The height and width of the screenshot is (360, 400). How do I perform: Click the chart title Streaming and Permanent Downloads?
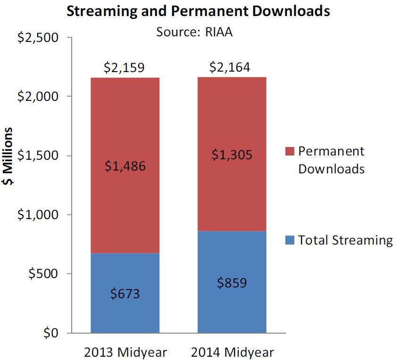click(x=198, y=11)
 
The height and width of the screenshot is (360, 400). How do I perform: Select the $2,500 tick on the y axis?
click(x=38, y=38)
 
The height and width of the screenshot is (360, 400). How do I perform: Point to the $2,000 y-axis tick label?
click(x=38, y=97)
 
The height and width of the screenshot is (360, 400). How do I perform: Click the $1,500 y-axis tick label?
click(x=38, y=156)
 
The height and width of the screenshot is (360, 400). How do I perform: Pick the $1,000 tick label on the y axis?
click(x=38, y=215)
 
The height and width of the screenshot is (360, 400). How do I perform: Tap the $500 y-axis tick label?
click(x=43, y=274)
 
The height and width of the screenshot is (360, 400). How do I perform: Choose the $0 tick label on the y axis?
click(x=51, y=333)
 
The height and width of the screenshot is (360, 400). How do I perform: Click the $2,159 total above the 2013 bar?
click(x=124, y=68)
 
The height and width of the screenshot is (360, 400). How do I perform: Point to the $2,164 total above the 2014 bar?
click(x=231, y=67)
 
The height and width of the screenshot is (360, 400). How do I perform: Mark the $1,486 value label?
click(x=125, y=166)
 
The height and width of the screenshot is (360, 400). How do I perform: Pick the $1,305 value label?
click(x=232, y=154)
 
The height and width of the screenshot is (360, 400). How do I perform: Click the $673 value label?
click(x=125, y=294)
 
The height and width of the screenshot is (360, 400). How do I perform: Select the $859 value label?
click(x=232, y=283)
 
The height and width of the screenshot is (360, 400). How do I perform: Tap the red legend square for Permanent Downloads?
click(x=290, y=151)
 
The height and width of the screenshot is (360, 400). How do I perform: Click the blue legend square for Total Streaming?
click(x=290, y=240)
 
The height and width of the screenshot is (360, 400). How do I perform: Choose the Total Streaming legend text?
click(x=345, y=240)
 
